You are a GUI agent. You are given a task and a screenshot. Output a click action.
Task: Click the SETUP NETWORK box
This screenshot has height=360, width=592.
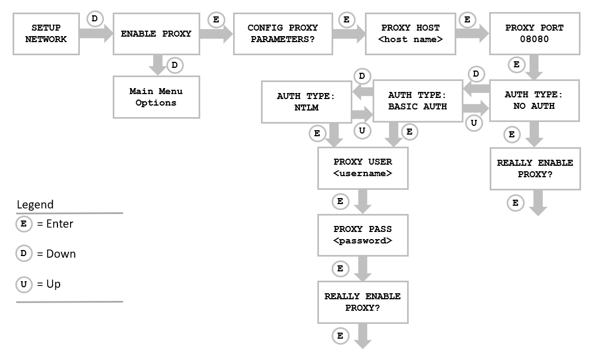click(x=46, y=33)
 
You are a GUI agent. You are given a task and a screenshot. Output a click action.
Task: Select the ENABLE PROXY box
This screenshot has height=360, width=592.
click(x=156, y=33)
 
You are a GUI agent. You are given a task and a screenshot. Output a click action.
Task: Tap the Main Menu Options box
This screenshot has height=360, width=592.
click(x=156, y=97)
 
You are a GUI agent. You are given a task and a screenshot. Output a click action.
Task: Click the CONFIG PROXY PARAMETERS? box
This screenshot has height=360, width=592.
click(x=282, y=33)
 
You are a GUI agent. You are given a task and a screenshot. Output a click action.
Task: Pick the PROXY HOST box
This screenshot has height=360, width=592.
click(x=411, y=33)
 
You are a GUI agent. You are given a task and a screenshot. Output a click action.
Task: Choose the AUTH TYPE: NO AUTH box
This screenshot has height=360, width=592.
click(x=533, y=100)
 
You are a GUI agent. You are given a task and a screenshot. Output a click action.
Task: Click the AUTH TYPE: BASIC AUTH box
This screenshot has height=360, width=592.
click(x=417, y=101)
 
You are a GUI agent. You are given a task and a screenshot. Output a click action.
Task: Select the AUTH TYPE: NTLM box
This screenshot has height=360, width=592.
click(x=306, y=102)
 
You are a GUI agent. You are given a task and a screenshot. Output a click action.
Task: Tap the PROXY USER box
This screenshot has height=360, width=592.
click(x=363, y=168)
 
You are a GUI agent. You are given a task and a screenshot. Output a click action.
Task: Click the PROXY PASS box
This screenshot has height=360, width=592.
click(x=363, y=235)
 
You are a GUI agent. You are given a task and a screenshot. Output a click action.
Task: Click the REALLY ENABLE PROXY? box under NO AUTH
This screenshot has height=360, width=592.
click(x=535, y=169)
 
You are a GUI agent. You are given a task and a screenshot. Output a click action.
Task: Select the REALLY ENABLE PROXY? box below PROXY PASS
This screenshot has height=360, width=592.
click(x=363, y=302)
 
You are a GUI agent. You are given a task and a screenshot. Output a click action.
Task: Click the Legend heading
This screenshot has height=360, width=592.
click(x=35, y=205)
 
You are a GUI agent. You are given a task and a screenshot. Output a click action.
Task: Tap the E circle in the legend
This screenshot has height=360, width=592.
click(x=23, y=223)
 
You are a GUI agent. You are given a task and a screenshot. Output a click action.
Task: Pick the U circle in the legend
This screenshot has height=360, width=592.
click(x=23, y=284)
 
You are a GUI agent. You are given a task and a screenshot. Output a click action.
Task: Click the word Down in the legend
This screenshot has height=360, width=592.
click(x=61, y=254)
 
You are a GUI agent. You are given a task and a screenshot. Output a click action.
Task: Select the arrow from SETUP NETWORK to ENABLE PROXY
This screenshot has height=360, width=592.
click(x=95, y=33)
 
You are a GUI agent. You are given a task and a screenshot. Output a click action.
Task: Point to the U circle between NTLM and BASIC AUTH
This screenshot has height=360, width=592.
click(x=362, y=130)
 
